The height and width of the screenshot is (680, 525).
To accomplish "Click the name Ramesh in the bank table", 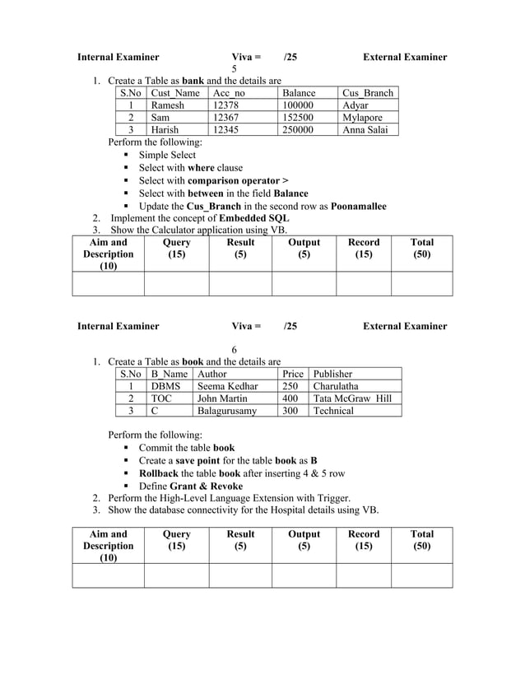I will pyautogui.click(x=168, y=105).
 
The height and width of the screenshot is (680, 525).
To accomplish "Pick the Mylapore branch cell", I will pyautogui.click(x=362, y=118).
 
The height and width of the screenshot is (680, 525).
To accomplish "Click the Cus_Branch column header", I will pyautogui.click(x=368, y=93).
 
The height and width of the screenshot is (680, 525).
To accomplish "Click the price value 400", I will pyautogui.click(x=290, y=398).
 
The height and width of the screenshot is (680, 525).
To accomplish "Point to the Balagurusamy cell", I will pyautogui.click(x=227, y=411).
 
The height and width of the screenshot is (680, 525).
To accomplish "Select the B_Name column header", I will pyautogui.click(x=168, y=374).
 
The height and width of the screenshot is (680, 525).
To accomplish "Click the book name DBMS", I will pyautogui.click(x=165, y=386).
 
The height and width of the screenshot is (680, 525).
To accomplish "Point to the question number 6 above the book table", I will pyautogui.click(x=235, y=349).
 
